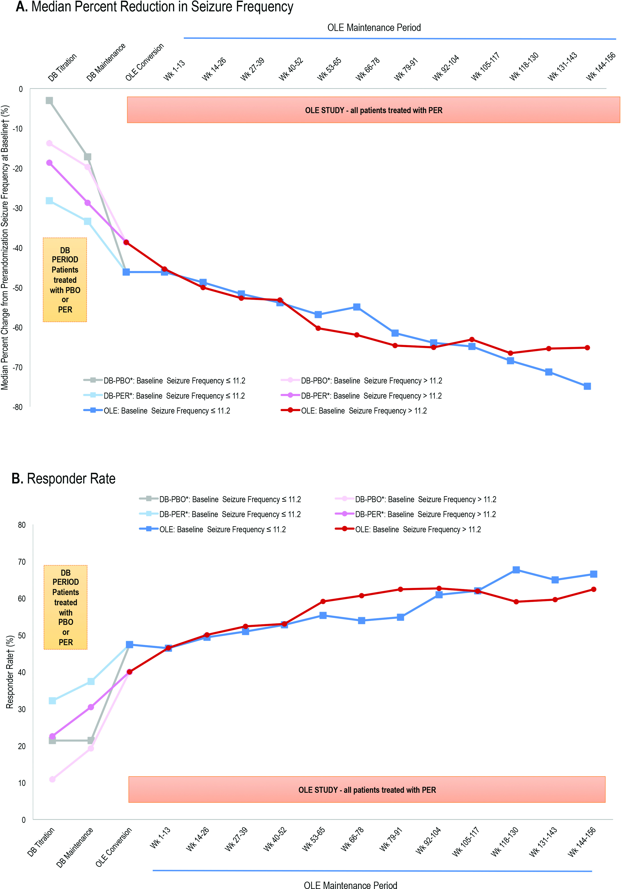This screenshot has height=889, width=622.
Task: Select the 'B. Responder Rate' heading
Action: click(x=64, y=479)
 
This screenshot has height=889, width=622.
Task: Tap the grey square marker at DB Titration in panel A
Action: click(x=49, y=101)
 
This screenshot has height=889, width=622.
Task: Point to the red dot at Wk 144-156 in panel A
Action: click(x=587, y=348)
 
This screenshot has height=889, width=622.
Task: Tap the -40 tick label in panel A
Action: click(x=18, y=248)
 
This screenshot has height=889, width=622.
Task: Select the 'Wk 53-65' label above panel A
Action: click(x=329, y=69)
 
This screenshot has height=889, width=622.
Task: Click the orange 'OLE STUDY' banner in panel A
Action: click(x=373, y=110)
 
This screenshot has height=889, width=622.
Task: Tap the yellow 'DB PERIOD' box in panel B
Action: click(x=65, y=607)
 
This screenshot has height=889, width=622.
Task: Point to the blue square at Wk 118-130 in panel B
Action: click(x=516, y=570)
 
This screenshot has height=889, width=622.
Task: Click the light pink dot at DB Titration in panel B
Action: click(x=52, y=779)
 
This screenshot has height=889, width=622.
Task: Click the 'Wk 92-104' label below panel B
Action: click(x=428, y=841)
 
